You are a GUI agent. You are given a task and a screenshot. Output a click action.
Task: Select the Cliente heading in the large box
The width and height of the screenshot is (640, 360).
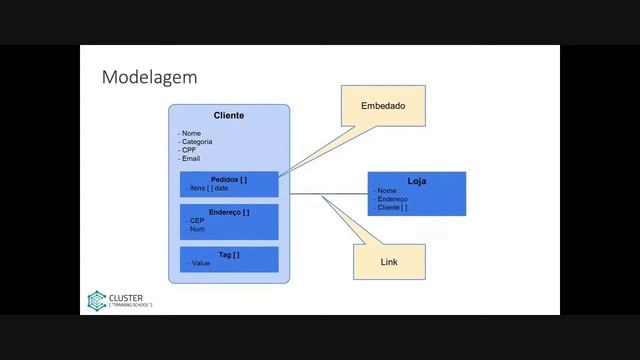click(229, 116)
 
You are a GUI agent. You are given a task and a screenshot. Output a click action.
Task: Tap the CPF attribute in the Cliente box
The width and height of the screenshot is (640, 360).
click(190, 150)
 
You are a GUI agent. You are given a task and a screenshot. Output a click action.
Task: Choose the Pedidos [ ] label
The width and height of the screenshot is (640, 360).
click(229, 179)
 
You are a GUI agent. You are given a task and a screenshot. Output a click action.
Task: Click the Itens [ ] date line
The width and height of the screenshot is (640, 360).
click(214, 188)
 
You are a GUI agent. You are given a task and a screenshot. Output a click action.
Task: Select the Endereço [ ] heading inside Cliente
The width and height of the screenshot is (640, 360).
click(229, 212)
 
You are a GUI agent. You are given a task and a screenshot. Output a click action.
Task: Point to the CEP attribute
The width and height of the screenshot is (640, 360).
click(196, 221)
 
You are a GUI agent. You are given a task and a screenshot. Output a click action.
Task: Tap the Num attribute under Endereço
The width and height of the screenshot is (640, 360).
click(197, 230)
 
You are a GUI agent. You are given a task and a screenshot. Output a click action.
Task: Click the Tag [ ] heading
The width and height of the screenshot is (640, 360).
click(229, 254)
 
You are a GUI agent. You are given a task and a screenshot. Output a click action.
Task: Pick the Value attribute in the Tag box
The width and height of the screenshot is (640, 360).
click(199, 263)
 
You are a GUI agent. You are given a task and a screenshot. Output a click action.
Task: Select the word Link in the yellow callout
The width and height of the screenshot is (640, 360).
click(389, 262)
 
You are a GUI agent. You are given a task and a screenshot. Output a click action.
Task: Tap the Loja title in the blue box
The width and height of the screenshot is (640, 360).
click(417, 181)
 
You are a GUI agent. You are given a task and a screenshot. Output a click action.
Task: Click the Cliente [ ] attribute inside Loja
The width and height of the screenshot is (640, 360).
click(392, 207)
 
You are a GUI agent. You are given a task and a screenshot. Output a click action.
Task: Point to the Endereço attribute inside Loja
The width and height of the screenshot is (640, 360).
click(392, 199)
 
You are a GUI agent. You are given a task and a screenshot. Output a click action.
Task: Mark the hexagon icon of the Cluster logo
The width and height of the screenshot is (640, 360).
click(96, 299)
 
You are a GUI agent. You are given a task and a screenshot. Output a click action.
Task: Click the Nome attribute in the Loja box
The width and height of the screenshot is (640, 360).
click(387, 191)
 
